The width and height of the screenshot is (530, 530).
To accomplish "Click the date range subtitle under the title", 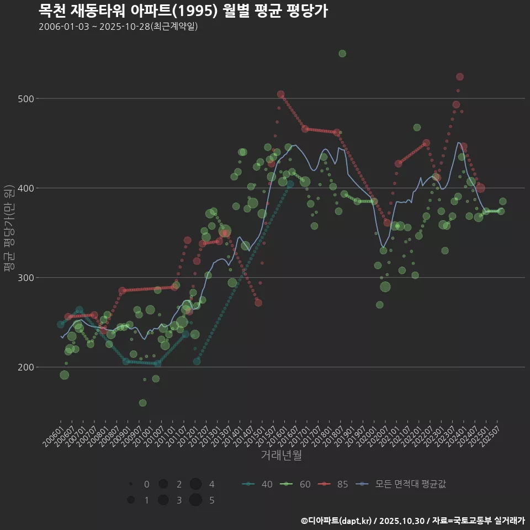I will [x=118, y=26].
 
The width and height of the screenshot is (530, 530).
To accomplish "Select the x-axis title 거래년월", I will [x=281, y=455].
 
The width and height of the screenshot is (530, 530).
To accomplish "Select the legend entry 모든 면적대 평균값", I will [x=401, y=484].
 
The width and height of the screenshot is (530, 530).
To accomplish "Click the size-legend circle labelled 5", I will [x=195, y=500].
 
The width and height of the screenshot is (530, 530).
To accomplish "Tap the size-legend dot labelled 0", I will [x=131, y=484].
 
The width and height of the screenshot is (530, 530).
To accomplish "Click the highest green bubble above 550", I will [x=342, y=54].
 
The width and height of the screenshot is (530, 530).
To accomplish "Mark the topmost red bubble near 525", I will [x=460, y=77].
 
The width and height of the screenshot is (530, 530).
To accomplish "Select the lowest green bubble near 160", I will [x=143, y=403].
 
